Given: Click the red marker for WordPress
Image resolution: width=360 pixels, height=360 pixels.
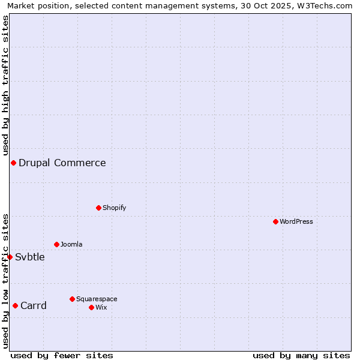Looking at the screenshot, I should (x=275, y=221).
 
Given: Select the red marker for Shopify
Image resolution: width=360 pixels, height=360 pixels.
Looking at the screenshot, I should (x=98, y=208).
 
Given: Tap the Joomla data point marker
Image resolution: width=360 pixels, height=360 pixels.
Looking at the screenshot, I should (x=56, y=244).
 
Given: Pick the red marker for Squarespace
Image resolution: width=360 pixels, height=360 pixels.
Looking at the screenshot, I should (x=72, y=299).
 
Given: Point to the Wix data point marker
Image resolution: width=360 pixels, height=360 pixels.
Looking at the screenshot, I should (x=91, y=307).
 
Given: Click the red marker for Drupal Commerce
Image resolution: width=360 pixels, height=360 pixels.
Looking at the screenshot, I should (x=13, y=163).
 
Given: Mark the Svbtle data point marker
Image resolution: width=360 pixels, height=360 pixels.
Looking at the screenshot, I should (x=10, y=257).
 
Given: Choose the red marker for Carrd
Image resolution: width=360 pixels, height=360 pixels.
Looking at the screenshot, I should (x=15, y=305).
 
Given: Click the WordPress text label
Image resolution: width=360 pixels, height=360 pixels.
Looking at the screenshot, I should (x=296, y=221).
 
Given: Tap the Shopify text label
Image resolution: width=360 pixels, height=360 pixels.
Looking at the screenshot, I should (x=115, y=208).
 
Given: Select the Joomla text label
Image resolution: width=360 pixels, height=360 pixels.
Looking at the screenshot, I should (x=71, y=244).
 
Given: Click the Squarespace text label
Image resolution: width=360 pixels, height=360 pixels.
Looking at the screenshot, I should (x=97, y=299).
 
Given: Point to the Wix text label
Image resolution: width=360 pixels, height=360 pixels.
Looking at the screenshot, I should (x=101, y=307).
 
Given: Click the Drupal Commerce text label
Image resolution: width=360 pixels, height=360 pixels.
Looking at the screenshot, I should (x=62, y=163).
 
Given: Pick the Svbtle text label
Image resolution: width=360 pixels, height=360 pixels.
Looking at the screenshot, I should (x=30, y=257).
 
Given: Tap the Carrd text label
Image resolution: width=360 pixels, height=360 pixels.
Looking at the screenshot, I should (x=34, y=305).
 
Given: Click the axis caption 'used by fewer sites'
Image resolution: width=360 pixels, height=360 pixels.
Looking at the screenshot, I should (x=62, y=355).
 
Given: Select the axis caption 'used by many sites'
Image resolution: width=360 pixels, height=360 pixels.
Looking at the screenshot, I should (x=301, y=355).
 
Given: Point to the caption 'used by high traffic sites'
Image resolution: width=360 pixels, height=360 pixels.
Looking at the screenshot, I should (x=5, y=85).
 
